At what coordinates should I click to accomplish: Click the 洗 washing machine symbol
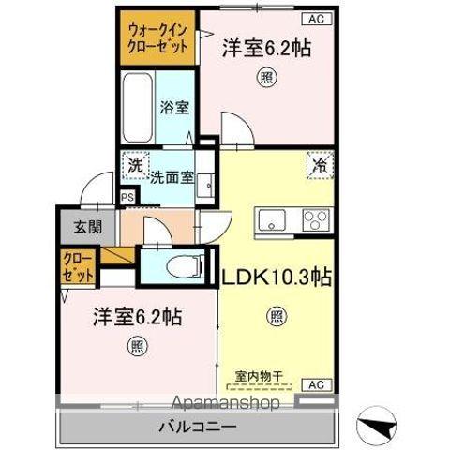pyautogui.click(x=136, y=164)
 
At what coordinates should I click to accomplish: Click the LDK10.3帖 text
pyautogui.click(x=277, y=277)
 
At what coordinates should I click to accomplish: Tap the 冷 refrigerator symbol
pyautogui.click(x=320, y=165)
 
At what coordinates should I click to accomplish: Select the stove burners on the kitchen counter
pyautogui.click(x=313, y=221)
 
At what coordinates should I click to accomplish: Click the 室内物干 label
pyautogui.click(x=266, y=372)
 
